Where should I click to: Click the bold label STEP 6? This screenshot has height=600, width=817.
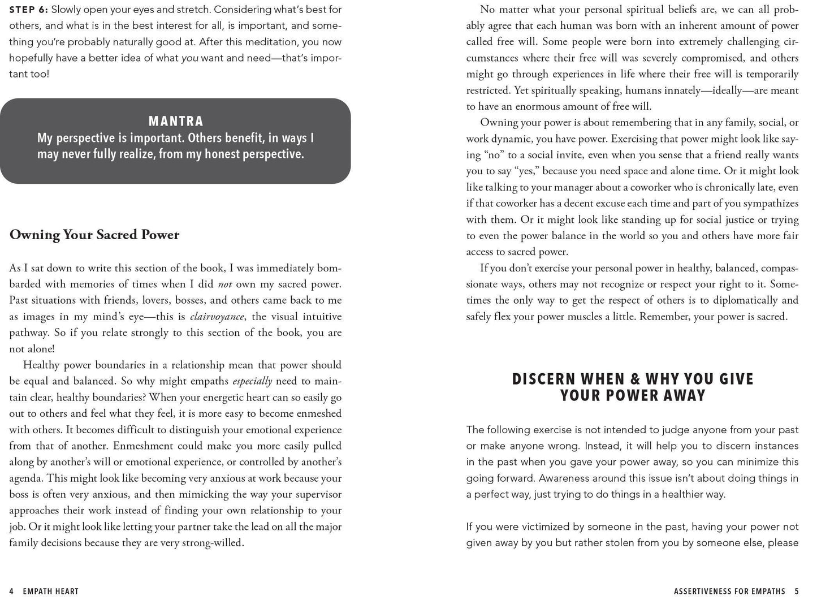(28, 10)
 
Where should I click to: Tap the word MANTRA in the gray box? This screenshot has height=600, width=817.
(176, 121)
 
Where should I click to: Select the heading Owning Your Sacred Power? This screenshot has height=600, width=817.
(94, 235)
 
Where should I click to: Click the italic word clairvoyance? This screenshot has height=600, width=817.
(217, 317)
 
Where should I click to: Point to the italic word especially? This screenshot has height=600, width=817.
(252, 381)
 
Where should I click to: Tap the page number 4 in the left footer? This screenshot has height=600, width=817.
(11, 592)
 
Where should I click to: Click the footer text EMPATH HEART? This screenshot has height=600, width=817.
(51, 592)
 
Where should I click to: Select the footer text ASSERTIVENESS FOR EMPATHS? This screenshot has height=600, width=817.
(729, 592)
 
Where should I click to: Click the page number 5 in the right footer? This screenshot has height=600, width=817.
(797, 592)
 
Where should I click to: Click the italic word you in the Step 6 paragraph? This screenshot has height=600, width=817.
(190, 58)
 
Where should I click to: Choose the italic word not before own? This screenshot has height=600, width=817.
(224, 284)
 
